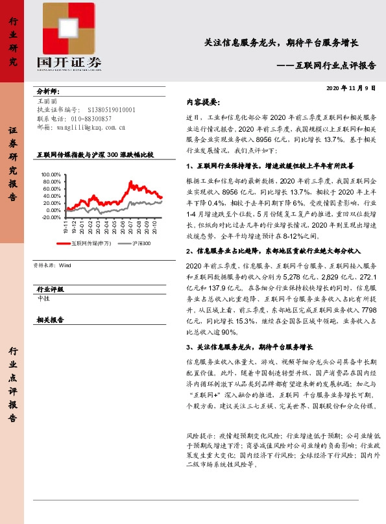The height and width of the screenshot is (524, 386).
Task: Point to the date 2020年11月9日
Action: (350, 88)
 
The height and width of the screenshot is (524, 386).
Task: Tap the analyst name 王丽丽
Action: (47, 102)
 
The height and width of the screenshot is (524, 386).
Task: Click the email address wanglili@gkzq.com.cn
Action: (88, 128)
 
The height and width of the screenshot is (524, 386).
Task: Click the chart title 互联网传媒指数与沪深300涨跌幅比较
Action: (95, 156)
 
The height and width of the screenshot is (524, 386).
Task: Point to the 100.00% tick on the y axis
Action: (50, 175)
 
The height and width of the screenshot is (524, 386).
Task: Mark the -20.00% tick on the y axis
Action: (50, 217)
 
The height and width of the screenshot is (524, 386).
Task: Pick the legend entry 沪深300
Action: (141, 243)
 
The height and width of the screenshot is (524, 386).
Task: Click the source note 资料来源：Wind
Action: (51, 265)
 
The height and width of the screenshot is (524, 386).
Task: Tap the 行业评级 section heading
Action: (50, 289)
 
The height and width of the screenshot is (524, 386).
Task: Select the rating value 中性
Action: (44, 298)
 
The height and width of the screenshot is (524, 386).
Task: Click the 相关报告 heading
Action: (50, 320)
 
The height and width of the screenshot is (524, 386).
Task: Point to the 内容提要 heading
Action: (202, 102)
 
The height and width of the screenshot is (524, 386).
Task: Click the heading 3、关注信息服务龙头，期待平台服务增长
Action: (249, 346)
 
